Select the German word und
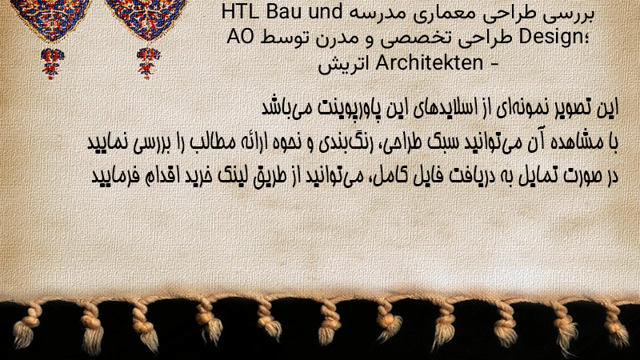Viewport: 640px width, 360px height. click(x=326, y=12)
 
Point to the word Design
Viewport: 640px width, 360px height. click(x=552, y=37)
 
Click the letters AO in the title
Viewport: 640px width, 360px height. click(x=241, y=37)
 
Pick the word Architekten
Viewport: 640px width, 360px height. click(x=429, y=63)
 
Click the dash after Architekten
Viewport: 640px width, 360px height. click(x=494, y=64)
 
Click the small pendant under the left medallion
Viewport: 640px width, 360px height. click(x=52, y=63)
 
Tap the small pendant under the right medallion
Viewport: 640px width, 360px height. click(x=148, y=63)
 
